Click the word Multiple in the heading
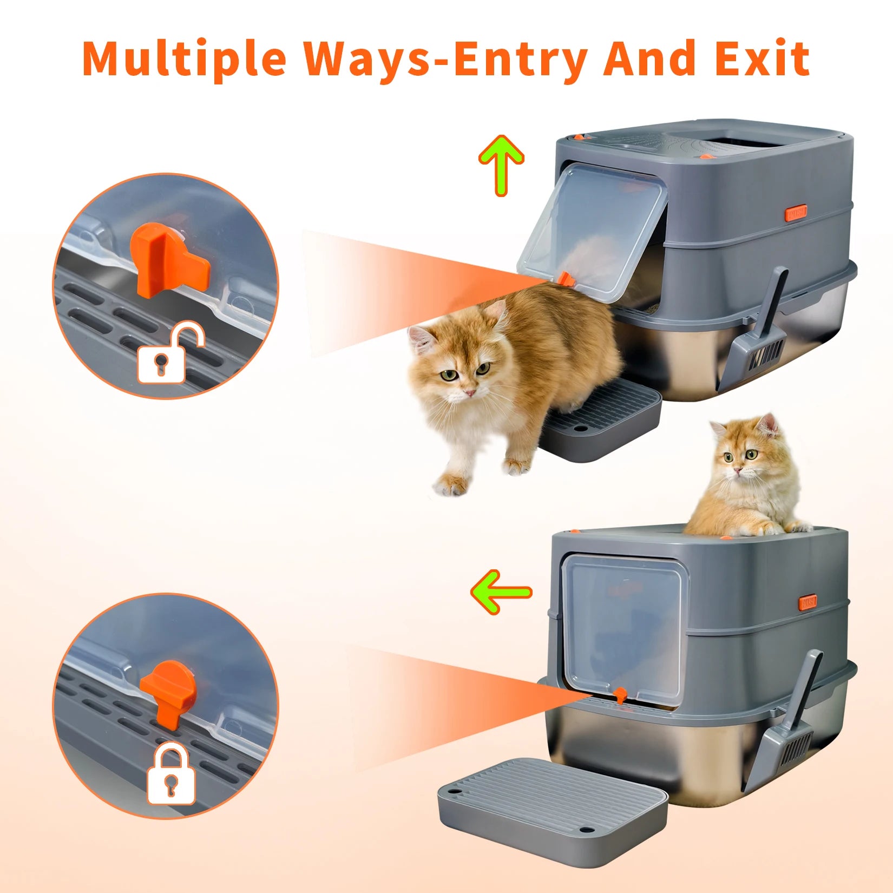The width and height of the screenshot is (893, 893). click(184, 58)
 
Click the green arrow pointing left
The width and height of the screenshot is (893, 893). click(501, 592)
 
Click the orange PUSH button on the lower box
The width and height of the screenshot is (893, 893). click(808, 602)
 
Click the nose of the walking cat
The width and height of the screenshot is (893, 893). click(470, 392)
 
